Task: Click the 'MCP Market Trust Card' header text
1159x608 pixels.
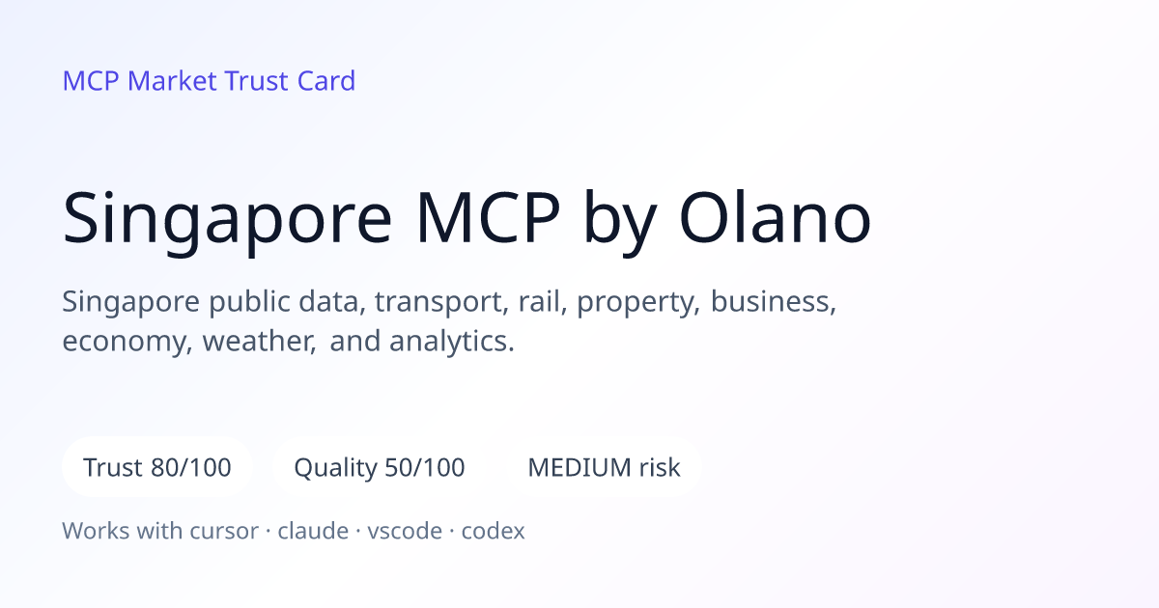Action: coord(209,81)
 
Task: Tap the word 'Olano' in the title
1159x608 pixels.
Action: coord(775,218)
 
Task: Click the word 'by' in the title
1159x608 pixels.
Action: coord(620,222)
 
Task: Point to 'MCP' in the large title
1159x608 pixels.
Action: coord(489,218)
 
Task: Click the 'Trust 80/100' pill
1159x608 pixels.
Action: coord(157,467)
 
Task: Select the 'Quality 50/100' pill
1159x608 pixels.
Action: coord(380,467)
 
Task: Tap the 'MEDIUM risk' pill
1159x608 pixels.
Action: coord(604,467)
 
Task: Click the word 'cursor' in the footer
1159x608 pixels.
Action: coord(224,531)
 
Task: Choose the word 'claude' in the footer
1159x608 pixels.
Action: coord(313,531)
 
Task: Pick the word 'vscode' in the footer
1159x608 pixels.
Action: coord(405,531)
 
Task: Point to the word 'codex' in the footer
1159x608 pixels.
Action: coord(494,531)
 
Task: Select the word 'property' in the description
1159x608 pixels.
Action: coord(638,302)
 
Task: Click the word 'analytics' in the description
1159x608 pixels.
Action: coord(452,342)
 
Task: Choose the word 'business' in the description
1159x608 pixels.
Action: coord(774,301)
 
